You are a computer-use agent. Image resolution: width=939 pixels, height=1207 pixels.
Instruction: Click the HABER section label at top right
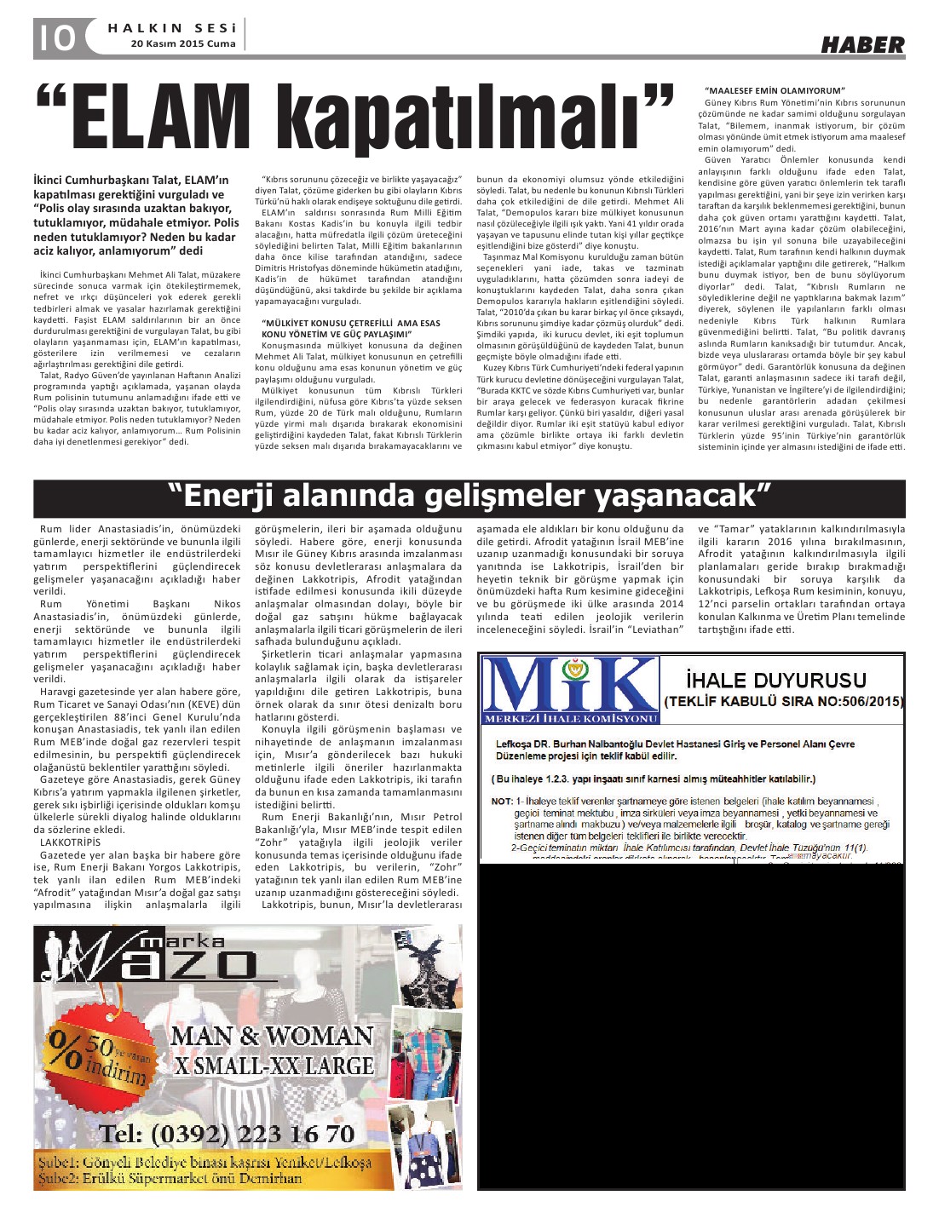click(x=862, y=45)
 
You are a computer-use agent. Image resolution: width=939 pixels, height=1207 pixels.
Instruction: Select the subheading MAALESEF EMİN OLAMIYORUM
click(x=775, y=90)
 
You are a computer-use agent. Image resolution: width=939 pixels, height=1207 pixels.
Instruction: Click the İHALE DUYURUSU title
click(x=776, y=680)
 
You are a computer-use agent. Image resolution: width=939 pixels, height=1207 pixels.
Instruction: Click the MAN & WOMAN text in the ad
click(x=272, y=1037)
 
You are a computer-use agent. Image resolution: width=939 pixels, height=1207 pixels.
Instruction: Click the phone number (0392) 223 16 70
click(x=227, y=1134)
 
